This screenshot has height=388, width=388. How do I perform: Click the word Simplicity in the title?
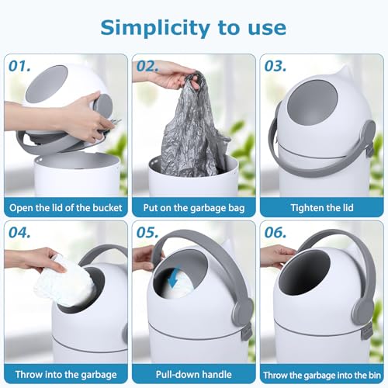(x=154, y=29)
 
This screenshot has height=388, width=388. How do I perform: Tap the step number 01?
(x=19, y=66)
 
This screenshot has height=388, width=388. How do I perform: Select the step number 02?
(x=147, y=66)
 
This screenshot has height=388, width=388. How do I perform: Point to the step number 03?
(x=275, y=66)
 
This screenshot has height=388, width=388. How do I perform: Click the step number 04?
(x=19, y=233)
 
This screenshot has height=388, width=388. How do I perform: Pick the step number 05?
(x=147, y=233)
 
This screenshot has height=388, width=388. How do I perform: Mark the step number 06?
(x=275, y=233)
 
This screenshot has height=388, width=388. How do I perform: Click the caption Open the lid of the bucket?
(x=66, y=208)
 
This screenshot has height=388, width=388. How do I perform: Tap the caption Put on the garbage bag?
(x=194, y=208)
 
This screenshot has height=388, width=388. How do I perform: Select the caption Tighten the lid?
(x=322, y=208)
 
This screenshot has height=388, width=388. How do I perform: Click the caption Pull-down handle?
(x=194, y=375)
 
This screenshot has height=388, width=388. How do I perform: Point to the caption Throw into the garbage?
(x=66, y=375)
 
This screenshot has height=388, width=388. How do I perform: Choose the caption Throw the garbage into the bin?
(x=322, y=375)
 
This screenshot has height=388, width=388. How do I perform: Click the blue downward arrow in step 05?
(x=172, y=276)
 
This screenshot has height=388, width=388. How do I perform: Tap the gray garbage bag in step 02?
(x=192, y=126)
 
